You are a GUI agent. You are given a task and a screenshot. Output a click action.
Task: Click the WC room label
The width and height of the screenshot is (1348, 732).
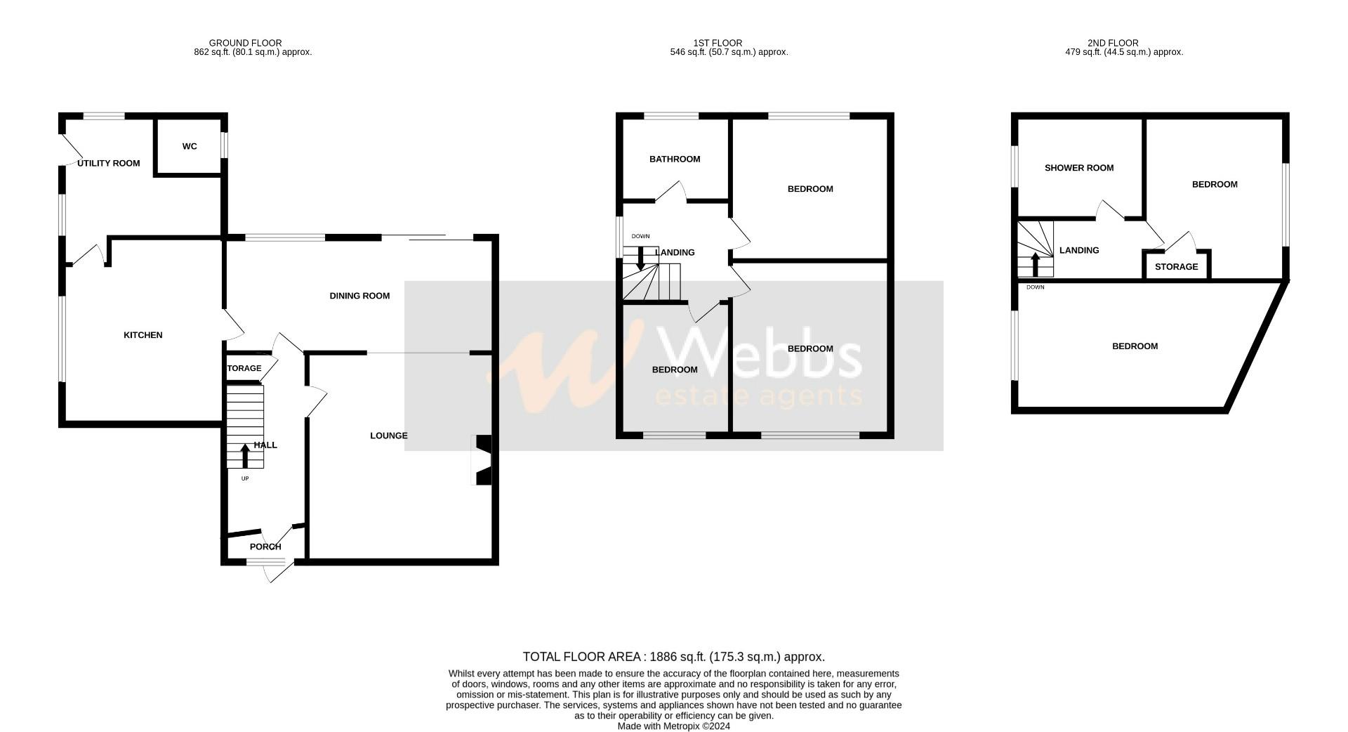click(190, 147)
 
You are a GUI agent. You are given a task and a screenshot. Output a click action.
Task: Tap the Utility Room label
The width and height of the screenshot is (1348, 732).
click(109, 164)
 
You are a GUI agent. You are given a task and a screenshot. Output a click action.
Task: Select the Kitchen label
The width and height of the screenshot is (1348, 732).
click(143, 335)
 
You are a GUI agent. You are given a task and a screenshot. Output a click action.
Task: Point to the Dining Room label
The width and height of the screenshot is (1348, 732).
click(359, 296)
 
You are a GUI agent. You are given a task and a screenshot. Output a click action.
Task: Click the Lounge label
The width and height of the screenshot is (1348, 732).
click(389, 436)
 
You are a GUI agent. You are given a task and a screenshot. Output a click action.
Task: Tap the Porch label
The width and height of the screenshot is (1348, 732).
click(265, 547)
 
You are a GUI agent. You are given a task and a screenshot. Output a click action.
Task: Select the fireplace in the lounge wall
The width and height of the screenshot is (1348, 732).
click(483, 460)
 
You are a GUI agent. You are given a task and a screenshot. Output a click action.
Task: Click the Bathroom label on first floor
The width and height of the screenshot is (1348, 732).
click(675, 159)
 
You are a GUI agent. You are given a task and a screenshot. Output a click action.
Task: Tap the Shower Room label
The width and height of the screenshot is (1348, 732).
click(1079, 168)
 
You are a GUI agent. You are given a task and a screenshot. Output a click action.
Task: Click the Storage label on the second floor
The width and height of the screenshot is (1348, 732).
click(1177, 267)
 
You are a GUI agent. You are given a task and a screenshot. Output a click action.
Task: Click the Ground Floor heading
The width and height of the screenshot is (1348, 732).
click(246, 43)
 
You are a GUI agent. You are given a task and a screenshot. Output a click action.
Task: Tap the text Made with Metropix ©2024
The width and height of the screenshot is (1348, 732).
click(674, 726)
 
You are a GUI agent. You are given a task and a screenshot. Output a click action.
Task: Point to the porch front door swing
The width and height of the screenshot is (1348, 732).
click(279, 572)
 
